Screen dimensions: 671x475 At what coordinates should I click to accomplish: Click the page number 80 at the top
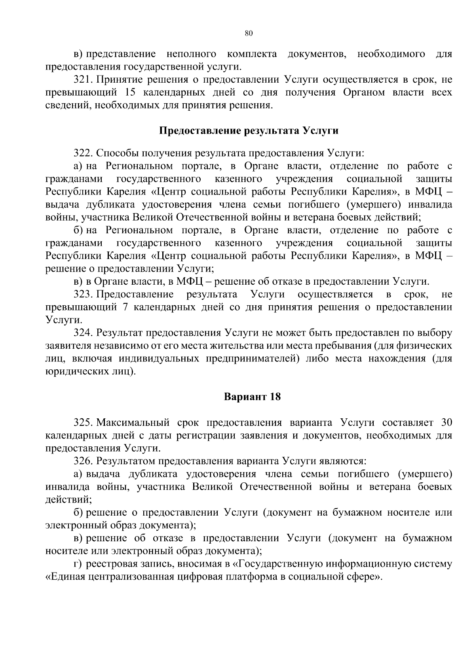[x=249, y=33]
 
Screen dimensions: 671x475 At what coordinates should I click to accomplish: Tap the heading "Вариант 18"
[x=252, y=397]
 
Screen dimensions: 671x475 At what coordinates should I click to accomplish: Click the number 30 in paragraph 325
[x=446, y=423]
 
